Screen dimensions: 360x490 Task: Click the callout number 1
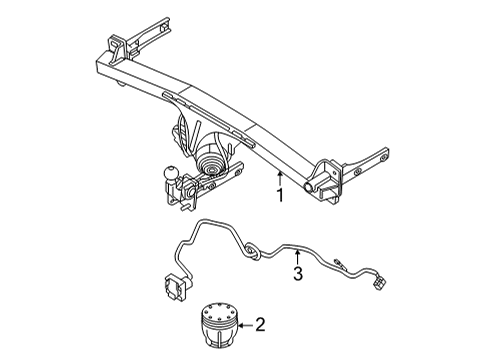[281, 196]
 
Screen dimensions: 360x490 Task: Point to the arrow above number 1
[281, 177]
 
